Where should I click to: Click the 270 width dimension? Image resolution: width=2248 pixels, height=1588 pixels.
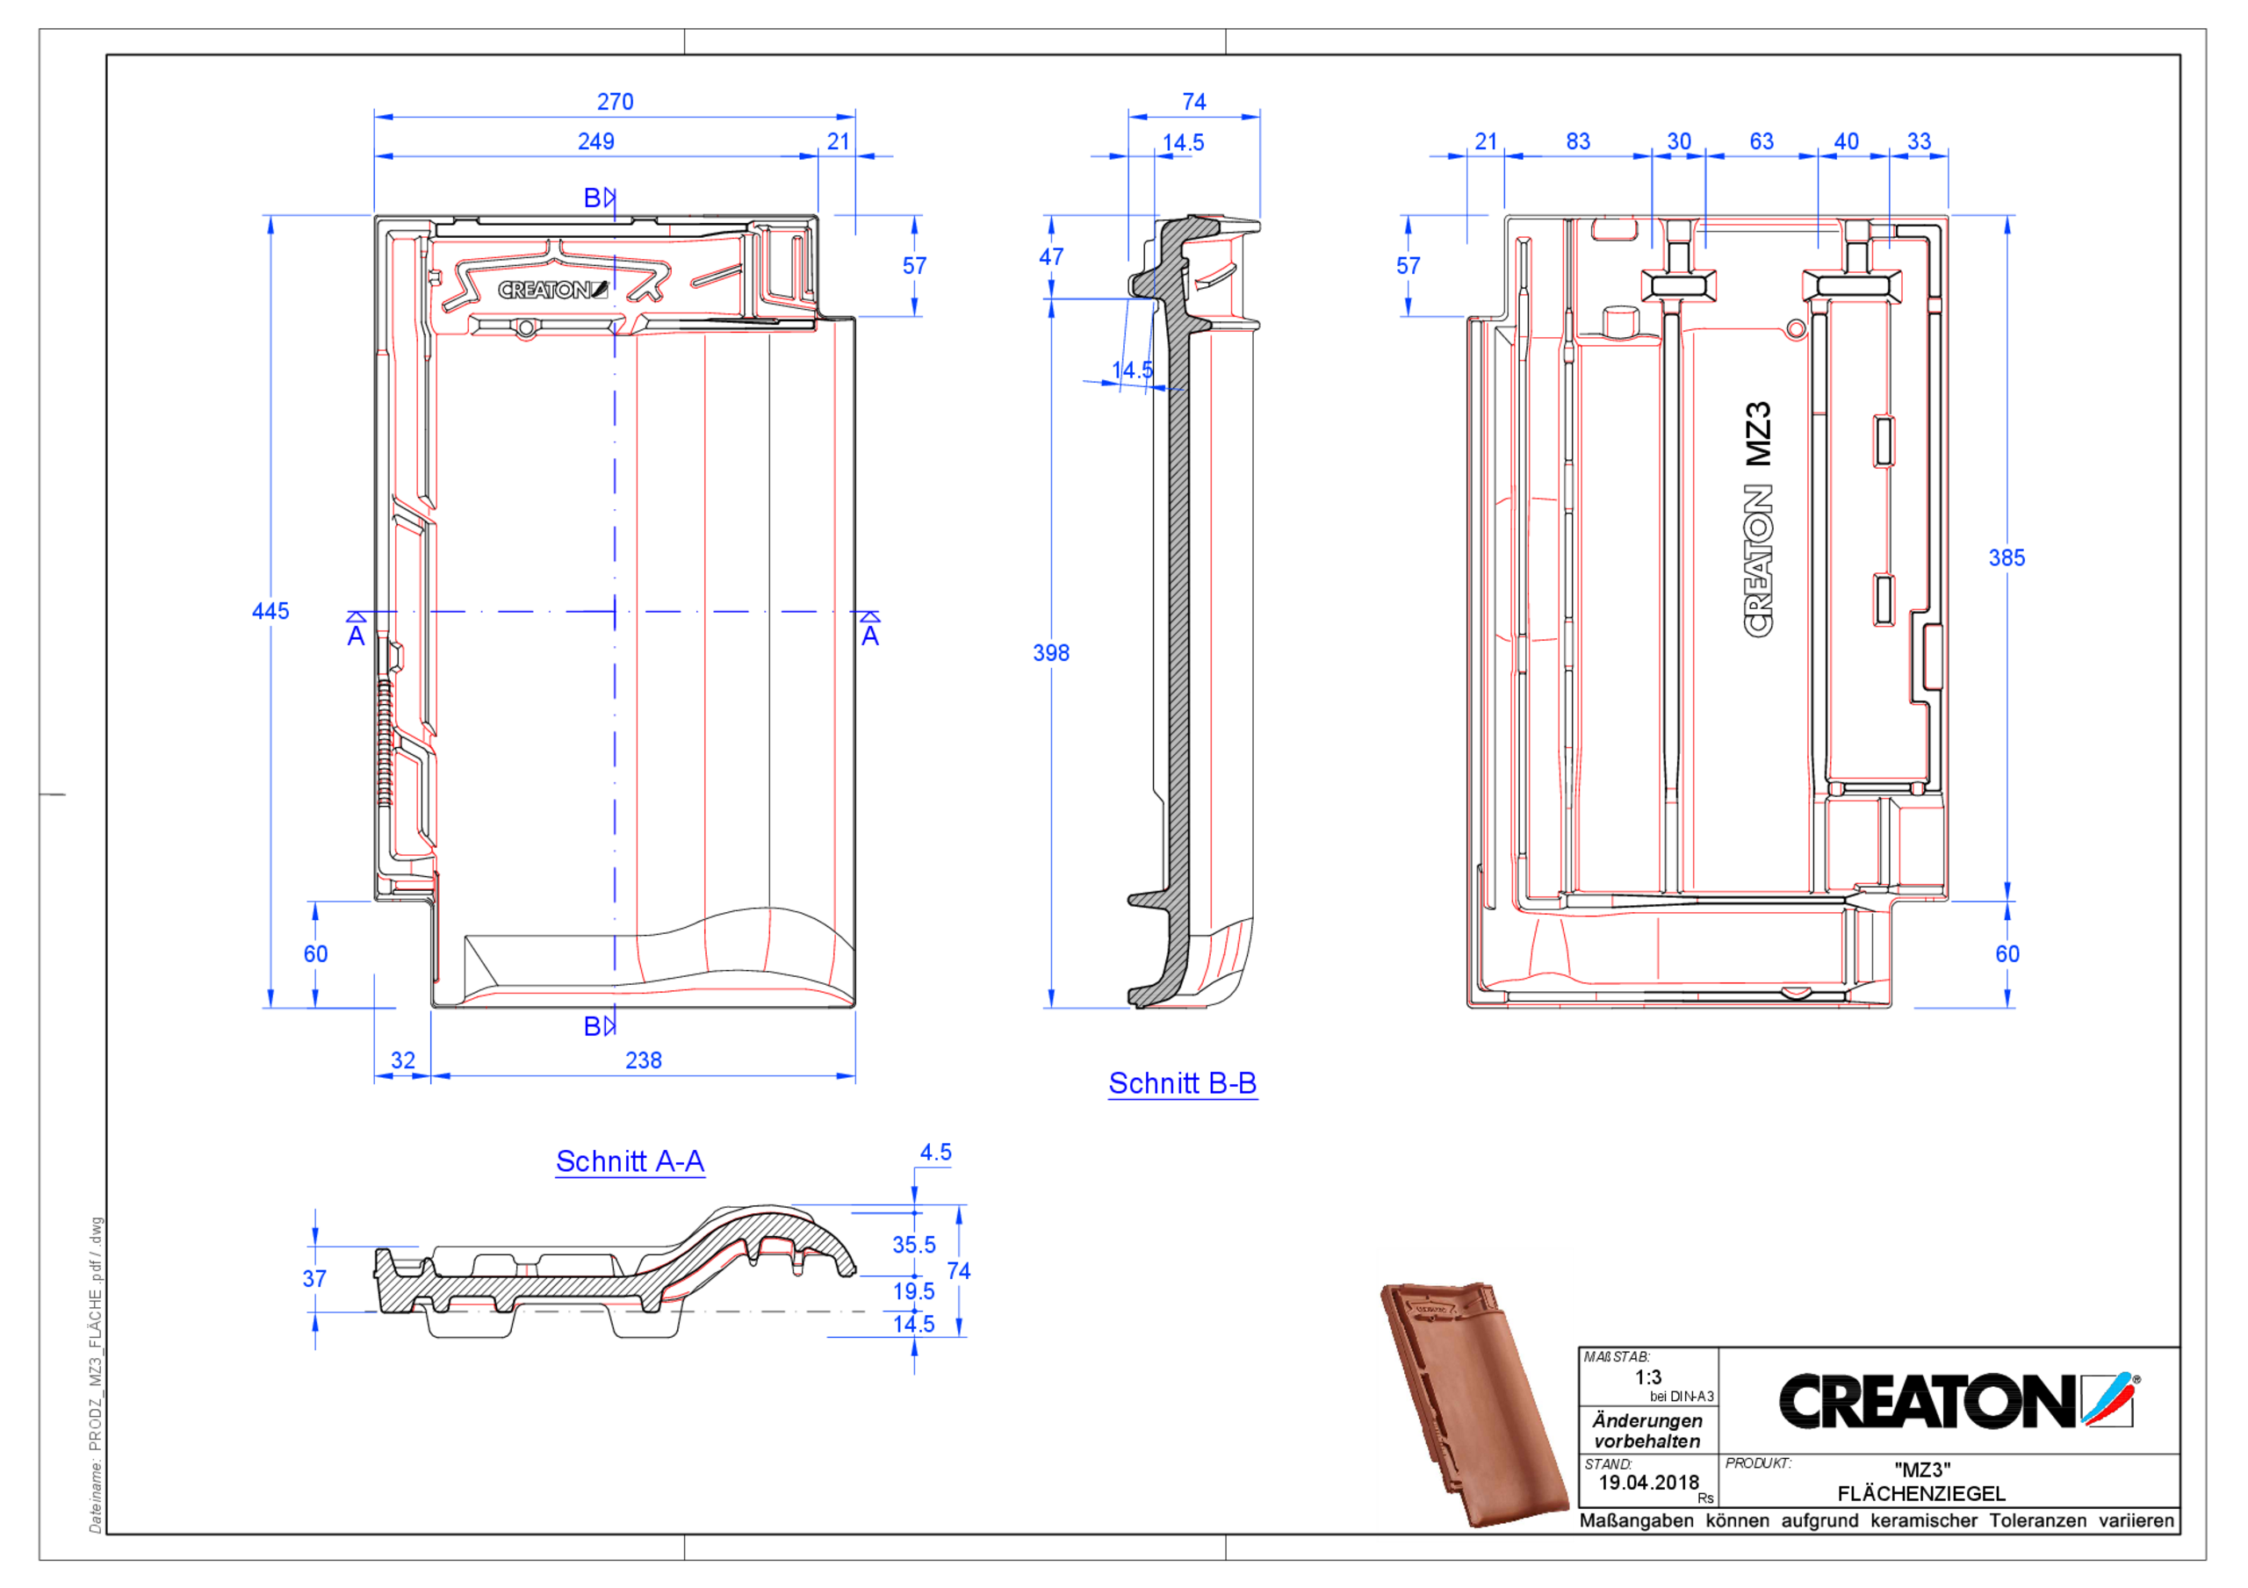pos(615,102)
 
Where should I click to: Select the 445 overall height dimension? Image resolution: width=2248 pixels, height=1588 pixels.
pos(270,611)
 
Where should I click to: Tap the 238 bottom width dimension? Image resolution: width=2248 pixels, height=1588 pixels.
pos(644,1060)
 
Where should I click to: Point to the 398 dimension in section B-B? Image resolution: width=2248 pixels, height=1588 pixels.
pos(1050,653)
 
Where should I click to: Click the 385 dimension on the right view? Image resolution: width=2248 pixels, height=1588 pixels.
pos(2007,558)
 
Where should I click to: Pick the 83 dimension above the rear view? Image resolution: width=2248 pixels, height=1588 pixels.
pos(1577,142)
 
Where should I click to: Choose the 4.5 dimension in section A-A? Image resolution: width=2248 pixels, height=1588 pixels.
pos(935,1153)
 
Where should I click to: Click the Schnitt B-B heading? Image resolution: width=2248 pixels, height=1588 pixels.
pos(1182,1084)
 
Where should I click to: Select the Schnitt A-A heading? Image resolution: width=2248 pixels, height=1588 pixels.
pos(630,1161)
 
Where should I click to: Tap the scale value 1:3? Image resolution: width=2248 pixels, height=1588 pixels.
pos(1648,1377)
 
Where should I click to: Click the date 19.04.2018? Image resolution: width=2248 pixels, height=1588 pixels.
pos(1648,1483)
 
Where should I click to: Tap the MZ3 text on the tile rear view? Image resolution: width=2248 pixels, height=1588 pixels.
pos(1759,434)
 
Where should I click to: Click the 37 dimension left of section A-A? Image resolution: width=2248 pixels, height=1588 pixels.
pos(314,1279)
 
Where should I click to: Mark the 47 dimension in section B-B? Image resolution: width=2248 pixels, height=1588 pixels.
pos(1050,256)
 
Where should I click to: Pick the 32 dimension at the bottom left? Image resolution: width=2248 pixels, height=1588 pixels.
pos(402,1060)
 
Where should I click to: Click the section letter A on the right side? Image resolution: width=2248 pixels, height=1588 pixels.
pos(869,636)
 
